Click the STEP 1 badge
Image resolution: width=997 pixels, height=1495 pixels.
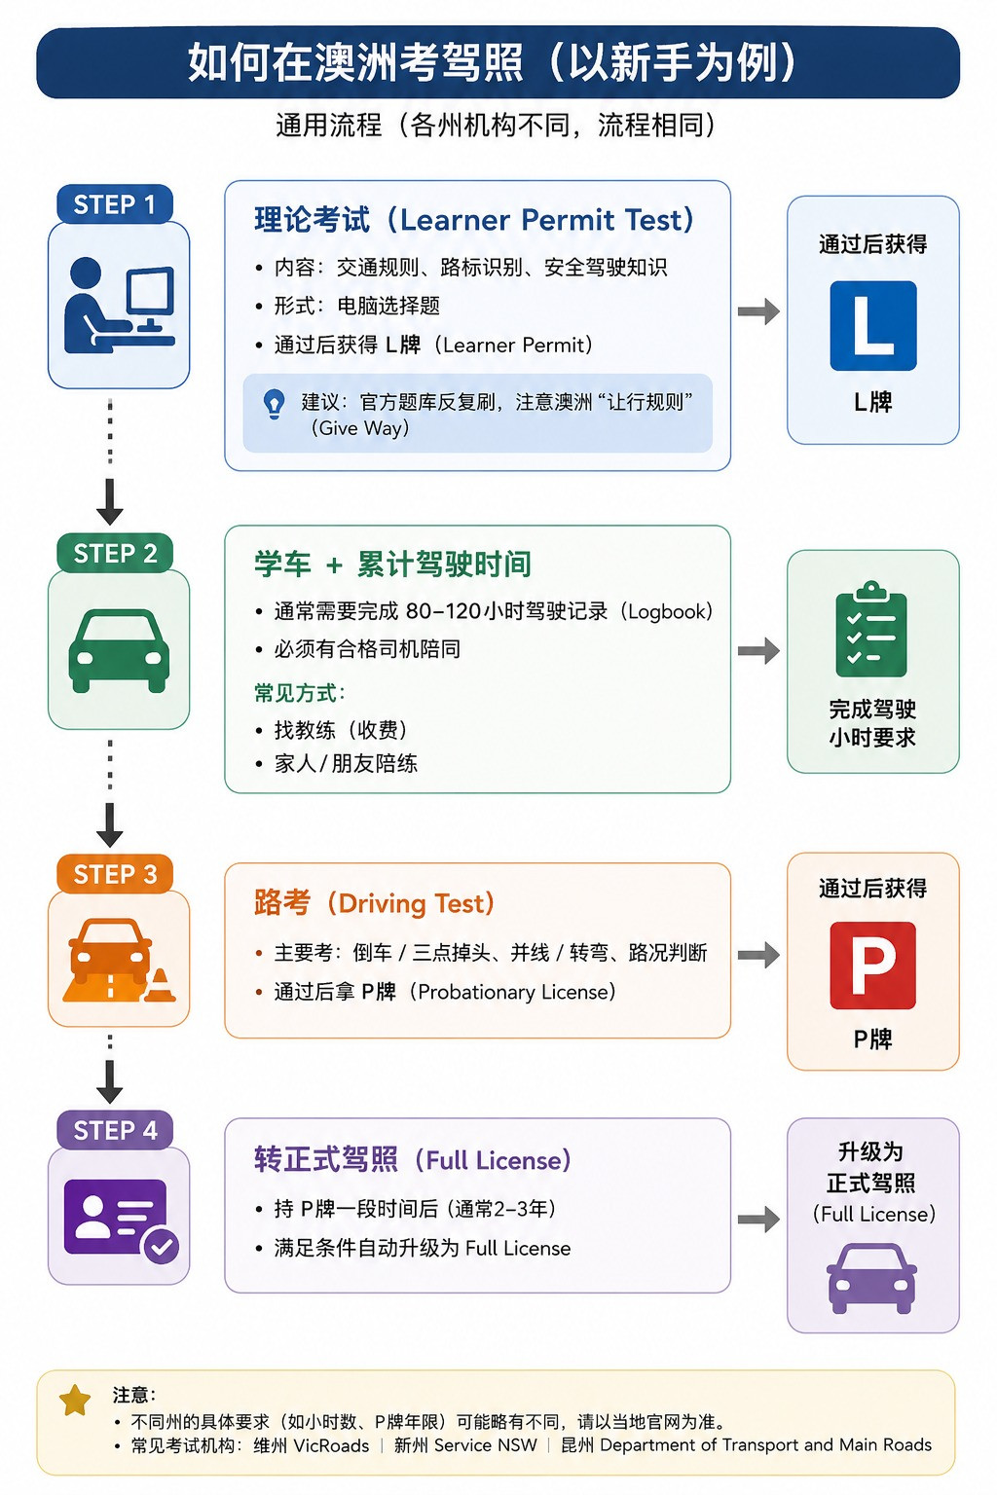[x=114, y=203]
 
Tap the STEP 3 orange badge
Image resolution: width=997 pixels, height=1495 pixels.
[x=114, y=874]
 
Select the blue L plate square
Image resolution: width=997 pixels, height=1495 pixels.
[x=872, y=326]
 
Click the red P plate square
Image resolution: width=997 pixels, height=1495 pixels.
[x=872, y=966]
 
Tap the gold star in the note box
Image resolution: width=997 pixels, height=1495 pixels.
[x=75, y=1401]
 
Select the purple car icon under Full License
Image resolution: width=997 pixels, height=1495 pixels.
[x=871, y=1279]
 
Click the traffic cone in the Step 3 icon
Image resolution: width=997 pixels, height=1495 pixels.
[x=160, y=986]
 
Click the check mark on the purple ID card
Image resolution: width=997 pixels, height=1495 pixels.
[x=161, y=1246]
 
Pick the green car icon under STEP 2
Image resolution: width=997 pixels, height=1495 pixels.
[x=118, y=650]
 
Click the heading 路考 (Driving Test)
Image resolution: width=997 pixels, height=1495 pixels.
[x=374, y=903]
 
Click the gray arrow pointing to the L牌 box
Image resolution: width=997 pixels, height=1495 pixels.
[x=758, y=311]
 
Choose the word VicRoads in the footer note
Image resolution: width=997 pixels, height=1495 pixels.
[x=331, y=1445]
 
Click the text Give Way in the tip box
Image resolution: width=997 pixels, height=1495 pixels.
[x=360, y=428]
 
